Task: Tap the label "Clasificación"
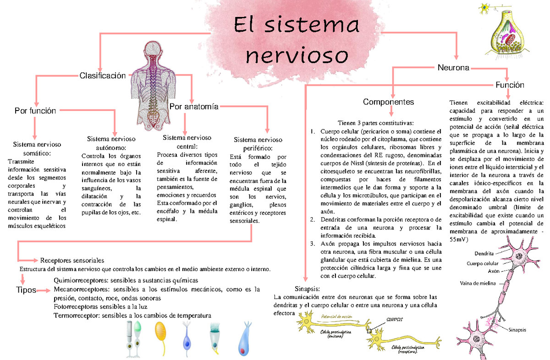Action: coord(102,76)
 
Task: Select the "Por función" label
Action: coord(35,111)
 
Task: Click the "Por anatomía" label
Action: coord(194,106)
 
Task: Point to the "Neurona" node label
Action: coord(453,68)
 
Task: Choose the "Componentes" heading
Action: coord(388,102)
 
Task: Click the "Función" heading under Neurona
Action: coord(510,85)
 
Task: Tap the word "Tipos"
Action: coord(26,290)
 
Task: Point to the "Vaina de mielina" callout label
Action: coord(478,283)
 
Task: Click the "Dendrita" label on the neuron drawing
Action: coord(484,253)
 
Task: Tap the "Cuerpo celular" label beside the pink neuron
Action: coord(482,264)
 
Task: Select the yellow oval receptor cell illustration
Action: coord(160,338)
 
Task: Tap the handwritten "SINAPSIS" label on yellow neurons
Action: coord(395,319)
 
